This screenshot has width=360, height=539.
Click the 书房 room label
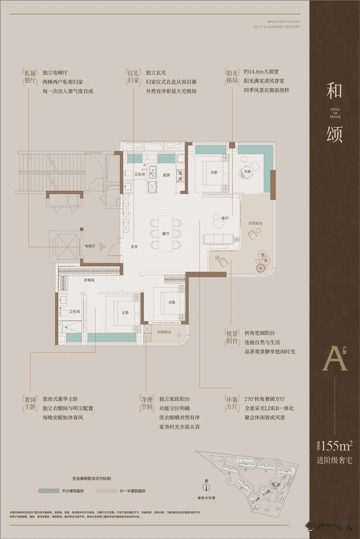pos(247,172)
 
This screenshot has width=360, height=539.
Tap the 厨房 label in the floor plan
pos(166,175)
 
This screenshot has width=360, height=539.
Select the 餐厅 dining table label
pos(166,234)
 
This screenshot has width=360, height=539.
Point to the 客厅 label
pos(225,218)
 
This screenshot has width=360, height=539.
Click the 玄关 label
pos(134,246)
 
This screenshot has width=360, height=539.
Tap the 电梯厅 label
pos(90,246)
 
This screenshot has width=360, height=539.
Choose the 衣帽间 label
pos(89,280)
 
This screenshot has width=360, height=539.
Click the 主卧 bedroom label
pos(125,312)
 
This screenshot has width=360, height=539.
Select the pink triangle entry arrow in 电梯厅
pos(102,247)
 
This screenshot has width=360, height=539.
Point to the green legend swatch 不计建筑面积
pos(49,491)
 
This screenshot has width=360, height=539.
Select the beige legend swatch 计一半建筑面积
pos(106,491)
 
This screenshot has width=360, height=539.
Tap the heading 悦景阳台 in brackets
pos(232,337)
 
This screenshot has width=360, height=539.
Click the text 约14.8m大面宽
pos(261,72)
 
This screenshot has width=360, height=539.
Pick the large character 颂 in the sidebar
pos(335,134)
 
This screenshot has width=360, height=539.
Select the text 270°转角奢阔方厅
pos(264,399)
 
